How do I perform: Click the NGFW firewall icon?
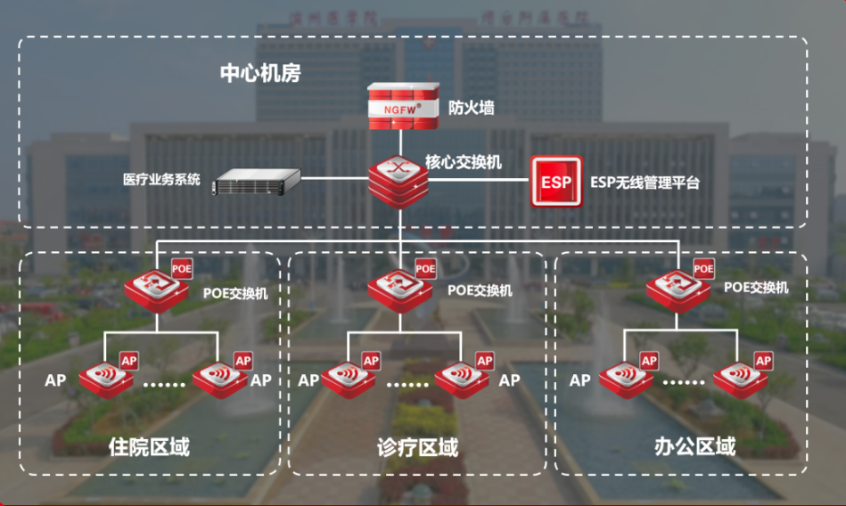[x=403, y=105]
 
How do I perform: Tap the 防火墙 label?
[x=471, y=108]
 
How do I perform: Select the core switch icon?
[x=399, y=181]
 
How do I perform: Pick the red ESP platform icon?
[x=556, y=182]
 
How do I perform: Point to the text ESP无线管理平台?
[x=645, y=183]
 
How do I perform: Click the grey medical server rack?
[x=255, y=182]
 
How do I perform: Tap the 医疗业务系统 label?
[x=161, y=179]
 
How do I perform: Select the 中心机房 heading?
[x=259, y=73]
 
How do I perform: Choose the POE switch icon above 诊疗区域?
[x=400, y=288]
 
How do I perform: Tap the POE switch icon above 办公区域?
[x=678, y=288]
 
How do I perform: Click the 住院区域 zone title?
[x=149, y=445]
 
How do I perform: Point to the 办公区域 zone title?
[x=695, y=445]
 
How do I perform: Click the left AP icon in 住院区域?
[x=108, y=378]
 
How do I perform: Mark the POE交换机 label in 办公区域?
[x=756, y=288]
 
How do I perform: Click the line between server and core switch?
[x=334, y=179]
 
